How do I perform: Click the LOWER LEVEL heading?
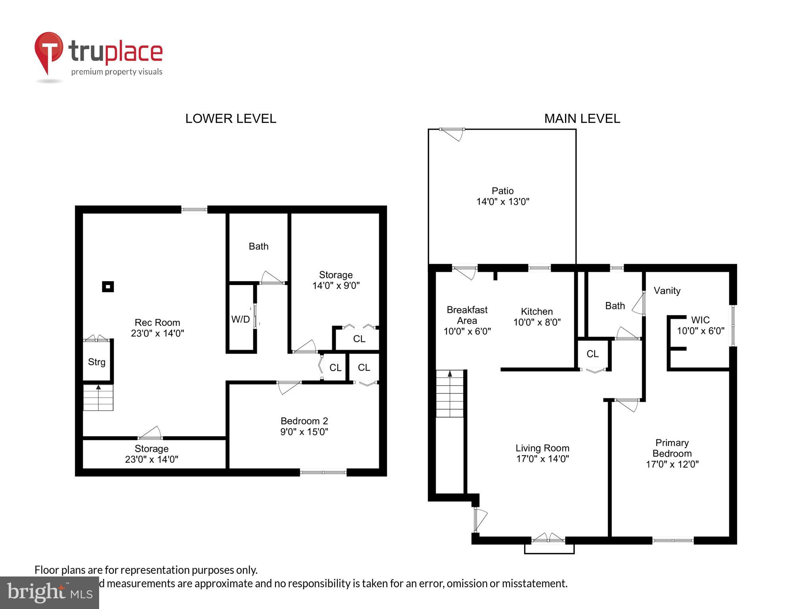click(x=230, y=119)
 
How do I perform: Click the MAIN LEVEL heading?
click(x=582, y=119)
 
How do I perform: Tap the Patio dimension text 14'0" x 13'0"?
click(x=502, y=202)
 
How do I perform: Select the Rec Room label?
click(x=157, y=322)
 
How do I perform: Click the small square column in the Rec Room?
click(x=108, y=286)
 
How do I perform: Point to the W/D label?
click(x=240, y=319)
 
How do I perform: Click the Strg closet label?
click(x=96, y=362)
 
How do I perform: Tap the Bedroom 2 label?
click(x=304, y=421)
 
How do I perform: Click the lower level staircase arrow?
click(x=98, y=387)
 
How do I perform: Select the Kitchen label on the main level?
click(x=536, y=312)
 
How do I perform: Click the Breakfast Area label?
click(x=467, y=315)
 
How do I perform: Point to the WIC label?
click(x=700, y=320)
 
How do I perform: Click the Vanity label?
click(x=666, y=291)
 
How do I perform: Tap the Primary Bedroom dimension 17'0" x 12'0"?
click(x=672, y=464)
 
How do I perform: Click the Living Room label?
click(x=542, y=448)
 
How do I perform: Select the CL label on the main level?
click(x=592, y=354)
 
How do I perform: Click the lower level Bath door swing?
click(x=272, y=278)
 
